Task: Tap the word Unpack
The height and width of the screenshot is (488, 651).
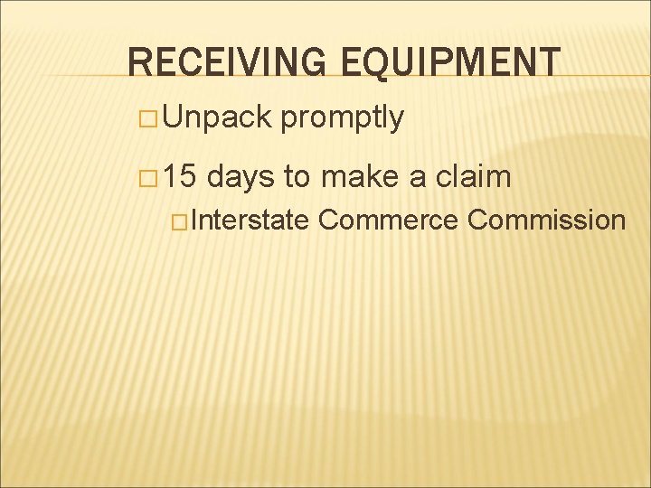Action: click(x=217, y=117)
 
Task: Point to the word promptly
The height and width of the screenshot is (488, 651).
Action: click(x=343, y=118)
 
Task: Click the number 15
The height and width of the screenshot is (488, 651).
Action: click(x=180, y=175)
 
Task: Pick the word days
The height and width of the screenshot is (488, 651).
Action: click(x=241, y=175)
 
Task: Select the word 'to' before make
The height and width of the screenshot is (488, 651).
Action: click(x=298, y=175)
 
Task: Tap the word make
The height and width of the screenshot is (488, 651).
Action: click(x=361, y=175)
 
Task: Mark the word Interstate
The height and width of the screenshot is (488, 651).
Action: click(x=250, y=220)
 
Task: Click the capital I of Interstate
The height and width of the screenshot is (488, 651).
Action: click(x=193, y=220)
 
